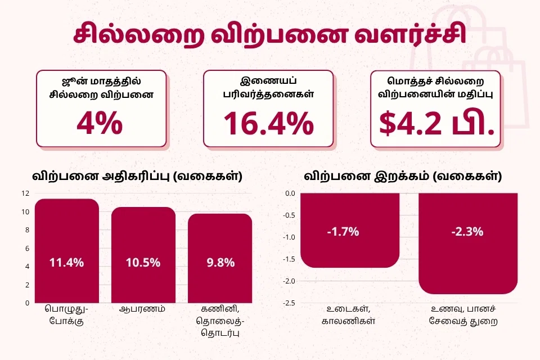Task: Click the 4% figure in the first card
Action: click(100, 123)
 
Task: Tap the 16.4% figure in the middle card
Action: click(269, 123)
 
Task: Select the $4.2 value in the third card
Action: click(410, 123)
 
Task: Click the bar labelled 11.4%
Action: click(67, 251)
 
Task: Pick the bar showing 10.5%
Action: click(143, 255)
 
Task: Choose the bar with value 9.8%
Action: click(220, 258)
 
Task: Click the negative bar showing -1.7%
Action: click(350, 230)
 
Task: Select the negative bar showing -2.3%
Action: click(468, 243)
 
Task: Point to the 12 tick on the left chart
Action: click(25, 193)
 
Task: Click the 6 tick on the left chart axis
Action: click(27, 249)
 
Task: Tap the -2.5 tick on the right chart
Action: click(289, 303)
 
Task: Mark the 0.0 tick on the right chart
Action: click(290, 193)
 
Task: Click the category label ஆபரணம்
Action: click(142, 309)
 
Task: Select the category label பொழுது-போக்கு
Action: click(66, 315)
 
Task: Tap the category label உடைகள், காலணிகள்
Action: click(349, 315)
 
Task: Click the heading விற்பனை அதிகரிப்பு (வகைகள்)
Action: click(137, 176)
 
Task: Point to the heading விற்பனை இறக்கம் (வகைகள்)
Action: click(403, 176)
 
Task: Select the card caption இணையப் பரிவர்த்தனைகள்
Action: click(269, 88)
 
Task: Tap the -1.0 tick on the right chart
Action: click(289, 237)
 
